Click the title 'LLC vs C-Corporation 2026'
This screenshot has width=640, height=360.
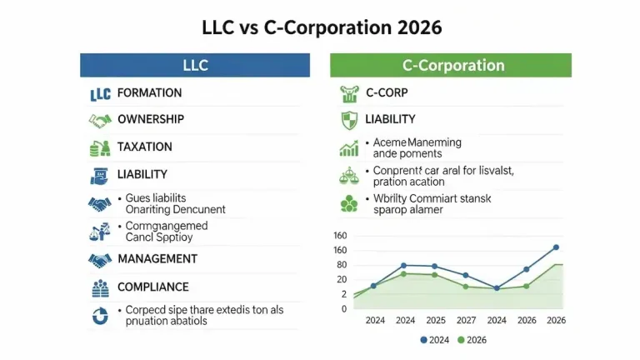click(321, 27)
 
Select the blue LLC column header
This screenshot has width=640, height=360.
click(195, 65)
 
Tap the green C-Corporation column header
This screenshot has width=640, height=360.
click(450, 65)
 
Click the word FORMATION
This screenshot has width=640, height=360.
click(149, 92)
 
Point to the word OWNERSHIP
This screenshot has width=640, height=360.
click(151, 119)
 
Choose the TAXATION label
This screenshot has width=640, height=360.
click(145, 147)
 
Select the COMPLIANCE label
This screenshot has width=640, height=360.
click(152, 287)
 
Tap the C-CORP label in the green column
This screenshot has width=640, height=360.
click(387, 92)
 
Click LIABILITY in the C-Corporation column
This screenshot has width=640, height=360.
click(390, 119)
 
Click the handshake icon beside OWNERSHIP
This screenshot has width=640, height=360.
click(100, 120)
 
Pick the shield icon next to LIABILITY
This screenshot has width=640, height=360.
click(349, 120)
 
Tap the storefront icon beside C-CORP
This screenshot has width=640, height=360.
click(349, 92)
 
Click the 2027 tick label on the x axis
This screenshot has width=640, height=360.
click(467, 320)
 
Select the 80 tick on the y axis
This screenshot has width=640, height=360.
click(342, 265)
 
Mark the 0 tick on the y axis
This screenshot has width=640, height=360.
click(343, 308)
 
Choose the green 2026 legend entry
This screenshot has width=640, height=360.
click(472, 340)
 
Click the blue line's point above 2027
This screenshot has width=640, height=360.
click(465, 275)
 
